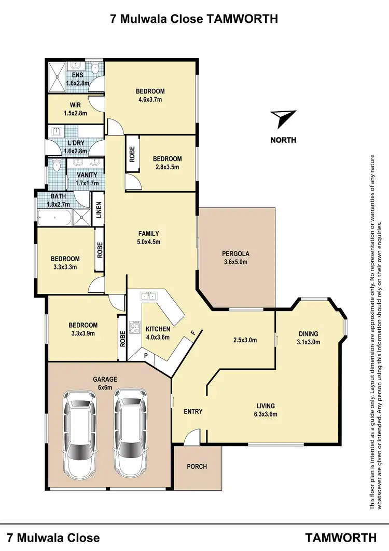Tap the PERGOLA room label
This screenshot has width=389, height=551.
point(235,254)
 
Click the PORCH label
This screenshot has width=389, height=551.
point(197,466)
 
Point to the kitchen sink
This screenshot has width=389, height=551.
point(148,297)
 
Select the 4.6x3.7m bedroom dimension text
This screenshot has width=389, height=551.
point(150,100)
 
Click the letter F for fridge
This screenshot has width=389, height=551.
point(192,333)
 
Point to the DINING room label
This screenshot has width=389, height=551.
point(309,334)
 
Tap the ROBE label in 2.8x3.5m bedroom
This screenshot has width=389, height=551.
point(132,154)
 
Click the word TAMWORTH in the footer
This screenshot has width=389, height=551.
point(341,537)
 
